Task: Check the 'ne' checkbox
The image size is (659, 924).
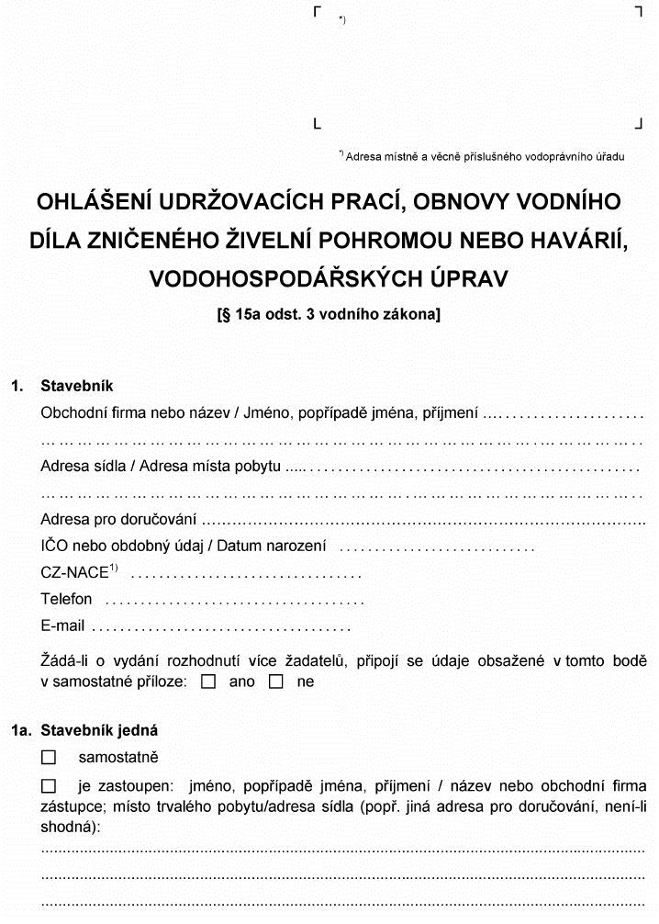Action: click(276, 682)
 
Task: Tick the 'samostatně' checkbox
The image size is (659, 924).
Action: click(49, 758)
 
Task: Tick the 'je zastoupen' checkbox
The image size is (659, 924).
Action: click(49, 787)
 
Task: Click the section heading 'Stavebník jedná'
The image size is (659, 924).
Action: click(99, 731)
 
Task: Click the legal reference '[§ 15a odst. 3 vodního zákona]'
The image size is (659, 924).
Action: click(328, 315)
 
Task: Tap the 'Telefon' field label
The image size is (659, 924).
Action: click(66, 599)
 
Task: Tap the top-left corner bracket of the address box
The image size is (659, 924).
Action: click(317, 11)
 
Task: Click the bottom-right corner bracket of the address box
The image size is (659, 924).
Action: click(638, 122)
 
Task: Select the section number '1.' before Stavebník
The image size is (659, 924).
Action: click(17, 386)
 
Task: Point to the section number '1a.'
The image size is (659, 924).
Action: click(21, 731)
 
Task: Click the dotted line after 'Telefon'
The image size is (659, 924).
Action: click(235, 601)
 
